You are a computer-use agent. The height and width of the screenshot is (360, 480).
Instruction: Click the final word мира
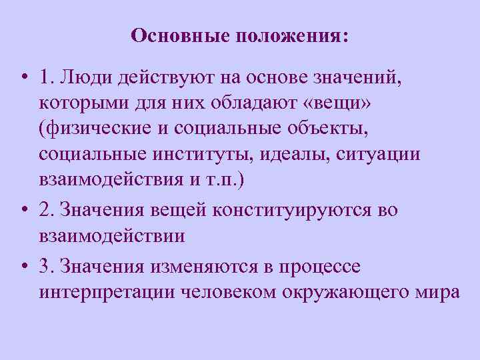coord(436,293)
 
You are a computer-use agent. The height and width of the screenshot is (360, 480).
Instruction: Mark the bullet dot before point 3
coord(23,266)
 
